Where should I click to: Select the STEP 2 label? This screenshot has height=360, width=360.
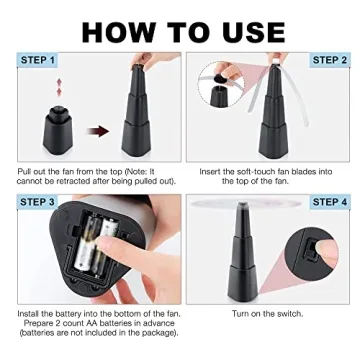point(329,60)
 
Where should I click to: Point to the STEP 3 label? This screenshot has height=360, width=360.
point(37,203)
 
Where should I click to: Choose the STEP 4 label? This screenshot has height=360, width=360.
point(329,203)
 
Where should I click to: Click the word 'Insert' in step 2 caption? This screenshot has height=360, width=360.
point(212,171)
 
